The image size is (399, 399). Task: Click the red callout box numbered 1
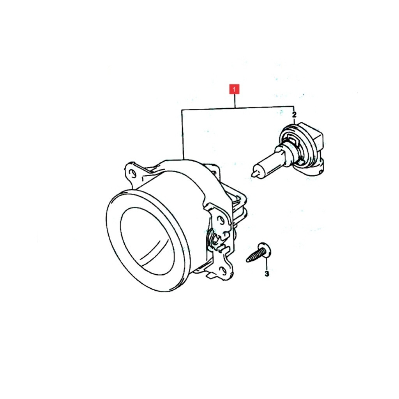pyautogui.click(x=234, y=90)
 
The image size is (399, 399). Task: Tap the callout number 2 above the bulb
pyautogui.click(x=295, y=115)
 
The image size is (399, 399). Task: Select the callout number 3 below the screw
pyautogui.click(x=267, y=274)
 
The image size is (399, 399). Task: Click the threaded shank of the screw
pyautogui.click(x=255, y=256)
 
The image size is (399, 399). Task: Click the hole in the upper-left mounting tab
pyautogui.click(x=132, y=173)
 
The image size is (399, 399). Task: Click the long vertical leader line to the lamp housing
pyautogui.click(x=182, y=135)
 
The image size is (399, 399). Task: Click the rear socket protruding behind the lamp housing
pyautogui.click(x=238, y=206)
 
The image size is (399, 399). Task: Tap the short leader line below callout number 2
pyautogui.click(x=294, y=121)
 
